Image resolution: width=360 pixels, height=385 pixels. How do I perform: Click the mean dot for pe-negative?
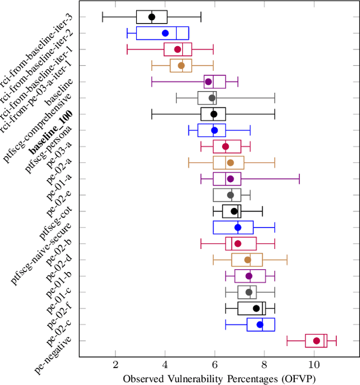pyautogui.click(x=317, y=341)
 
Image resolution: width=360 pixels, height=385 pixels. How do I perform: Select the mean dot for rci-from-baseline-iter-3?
pyautogui.click(x=152, y=17)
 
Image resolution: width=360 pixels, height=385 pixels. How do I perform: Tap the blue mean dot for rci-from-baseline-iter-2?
pyautogui.click(x=165, y=33)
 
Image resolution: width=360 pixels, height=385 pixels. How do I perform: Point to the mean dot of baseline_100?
pyautogui.click(x=214, y=114)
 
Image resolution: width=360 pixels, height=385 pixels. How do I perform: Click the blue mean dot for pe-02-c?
pyautogui.click(x=260, y=324)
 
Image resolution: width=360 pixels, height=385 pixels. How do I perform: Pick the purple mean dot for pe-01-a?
pyautogui.click(x=230, y=179)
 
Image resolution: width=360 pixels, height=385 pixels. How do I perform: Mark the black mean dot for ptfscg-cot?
pyautogui.click(x=235, y=211)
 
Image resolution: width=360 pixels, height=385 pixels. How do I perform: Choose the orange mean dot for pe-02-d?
pyautogui.click(x=247, y=260)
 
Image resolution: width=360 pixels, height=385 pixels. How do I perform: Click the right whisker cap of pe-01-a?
pyautogui.click(x=299, y=179)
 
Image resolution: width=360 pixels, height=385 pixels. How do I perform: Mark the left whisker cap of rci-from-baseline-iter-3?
pyautogui.click(x=102, y=17)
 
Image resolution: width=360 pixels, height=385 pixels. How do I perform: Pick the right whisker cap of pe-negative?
pyautogui.click(x=336, y=341)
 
